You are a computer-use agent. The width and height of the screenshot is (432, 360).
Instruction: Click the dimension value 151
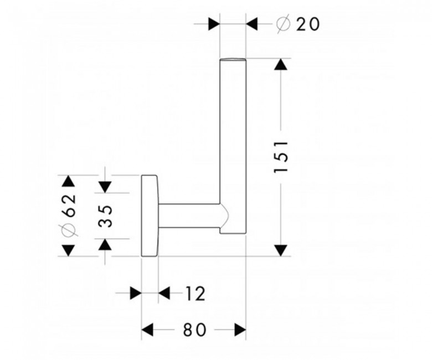point(281,157)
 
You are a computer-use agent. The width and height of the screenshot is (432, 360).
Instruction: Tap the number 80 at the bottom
point(194,330)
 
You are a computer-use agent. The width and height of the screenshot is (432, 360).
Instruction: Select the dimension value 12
point(196,294)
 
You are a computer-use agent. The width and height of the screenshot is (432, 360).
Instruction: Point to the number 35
point(106,216)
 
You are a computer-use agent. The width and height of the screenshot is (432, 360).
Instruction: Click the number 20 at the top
point(308,24)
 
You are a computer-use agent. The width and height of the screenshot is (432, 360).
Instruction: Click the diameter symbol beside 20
point(283,24)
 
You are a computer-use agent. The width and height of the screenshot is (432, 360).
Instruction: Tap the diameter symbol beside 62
point(69,230)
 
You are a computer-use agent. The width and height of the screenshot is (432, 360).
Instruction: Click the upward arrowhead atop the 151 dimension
point(281,64)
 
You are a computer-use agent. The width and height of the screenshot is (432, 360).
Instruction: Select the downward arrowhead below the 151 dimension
point(281,250)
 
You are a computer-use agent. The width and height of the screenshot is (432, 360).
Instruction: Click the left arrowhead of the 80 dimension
point(147,330)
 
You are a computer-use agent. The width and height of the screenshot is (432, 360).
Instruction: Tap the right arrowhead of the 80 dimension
point(240,330)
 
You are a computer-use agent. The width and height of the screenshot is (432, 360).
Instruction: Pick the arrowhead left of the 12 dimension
point(136,293)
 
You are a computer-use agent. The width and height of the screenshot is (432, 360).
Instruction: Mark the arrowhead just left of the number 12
point(164,293)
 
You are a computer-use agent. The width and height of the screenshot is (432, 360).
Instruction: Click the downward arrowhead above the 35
point(105,187)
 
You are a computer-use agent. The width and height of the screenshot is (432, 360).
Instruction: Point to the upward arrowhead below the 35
point(105,245)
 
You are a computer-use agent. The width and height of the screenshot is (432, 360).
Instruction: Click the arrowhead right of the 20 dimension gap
point(252,24)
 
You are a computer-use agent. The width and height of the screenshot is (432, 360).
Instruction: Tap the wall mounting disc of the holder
point(150,215)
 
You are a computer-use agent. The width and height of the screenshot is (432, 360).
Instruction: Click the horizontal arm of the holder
point(189,216)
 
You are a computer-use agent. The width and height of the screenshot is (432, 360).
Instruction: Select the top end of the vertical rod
point(233,59)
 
